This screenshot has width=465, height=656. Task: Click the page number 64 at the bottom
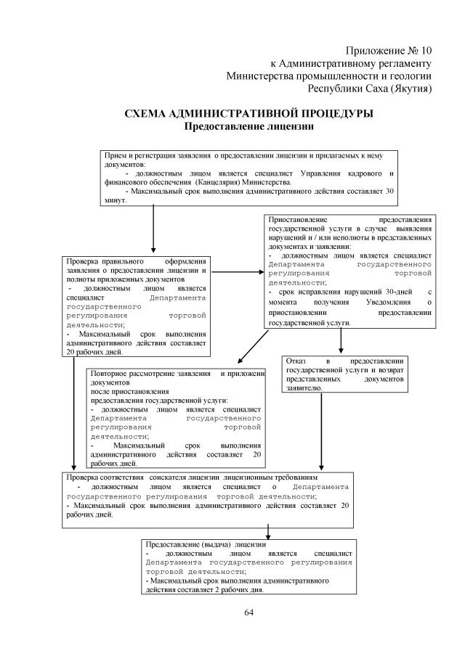pos(248,613)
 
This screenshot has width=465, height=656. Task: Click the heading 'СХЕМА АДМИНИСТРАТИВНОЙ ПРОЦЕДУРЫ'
pos(249,114)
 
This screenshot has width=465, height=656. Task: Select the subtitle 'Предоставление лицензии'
pos(248,126)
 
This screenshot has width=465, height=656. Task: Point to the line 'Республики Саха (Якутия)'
pos(371,89)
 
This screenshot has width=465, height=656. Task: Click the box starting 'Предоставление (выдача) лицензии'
pos(248,566)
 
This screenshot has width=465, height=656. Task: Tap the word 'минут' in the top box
pos(115,201)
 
